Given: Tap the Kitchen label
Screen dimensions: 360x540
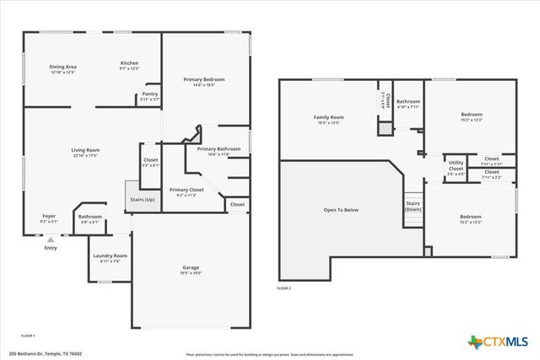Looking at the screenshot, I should (129, 63).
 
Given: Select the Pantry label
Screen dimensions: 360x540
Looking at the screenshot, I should (150, 94).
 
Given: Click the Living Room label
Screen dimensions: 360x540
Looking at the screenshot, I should (85, 150).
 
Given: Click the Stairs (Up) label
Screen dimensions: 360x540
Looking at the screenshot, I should (141, 200).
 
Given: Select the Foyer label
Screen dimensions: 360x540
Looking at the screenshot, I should (49, 216).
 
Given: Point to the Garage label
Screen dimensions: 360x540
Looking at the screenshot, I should (191, 268).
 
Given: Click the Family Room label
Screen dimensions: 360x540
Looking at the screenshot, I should (329, 117).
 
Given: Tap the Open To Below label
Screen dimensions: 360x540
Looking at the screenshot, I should (341, 209).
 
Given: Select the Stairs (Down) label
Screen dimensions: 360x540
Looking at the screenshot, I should (413, 207).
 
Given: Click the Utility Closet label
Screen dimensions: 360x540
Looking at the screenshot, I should (456, 165).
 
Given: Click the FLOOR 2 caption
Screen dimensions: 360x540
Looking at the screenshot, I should (283, 289).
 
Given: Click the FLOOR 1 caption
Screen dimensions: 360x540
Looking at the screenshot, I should (28, 335).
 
